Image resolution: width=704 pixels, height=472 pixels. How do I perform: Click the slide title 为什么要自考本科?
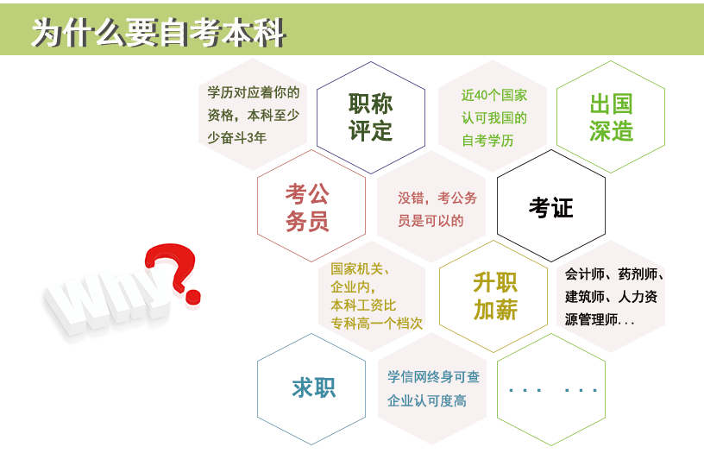pos(159,32)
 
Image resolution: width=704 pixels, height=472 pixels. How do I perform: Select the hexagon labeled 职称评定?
pos(371,117)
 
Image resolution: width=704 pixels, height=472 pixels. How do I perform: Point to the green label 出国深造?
pos(611,117)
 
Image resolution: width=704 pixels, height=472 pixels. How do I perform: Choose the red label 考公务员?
pos(307,207)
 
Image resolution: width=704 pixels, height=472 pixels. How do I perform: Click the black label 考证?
pos(551,207)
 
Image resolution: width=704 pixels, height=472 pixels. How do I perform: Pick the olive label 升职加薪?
pos(495,296)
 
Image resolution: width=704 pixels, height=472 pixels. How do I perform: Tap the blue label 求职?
pos(314,387)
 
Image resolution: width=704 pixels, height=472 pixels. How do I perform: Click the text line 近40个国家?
pos(493,95)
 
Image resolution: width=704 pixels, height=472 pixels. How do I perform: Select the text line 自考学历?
pos(487,141)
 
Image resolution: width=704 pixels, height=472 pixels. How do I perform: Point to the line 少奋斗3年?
pos(237,137)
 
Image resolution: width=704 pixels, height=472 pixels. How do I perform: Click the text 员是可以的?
pos(431,221)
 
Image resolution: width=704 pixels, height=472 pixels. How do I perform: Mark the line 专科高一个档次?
pos(377,323)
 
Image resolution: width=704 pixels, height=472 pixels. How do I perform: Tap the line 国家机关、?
pos(360,268)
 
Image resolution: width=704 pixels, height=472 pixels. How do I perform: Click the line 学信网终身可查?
pos(434,377)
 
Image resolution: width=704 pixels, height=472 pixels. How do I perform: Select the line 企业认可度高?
pos(427,400)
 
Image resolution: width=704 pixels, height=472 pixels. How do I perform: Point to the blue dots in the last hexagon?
pos(553,390)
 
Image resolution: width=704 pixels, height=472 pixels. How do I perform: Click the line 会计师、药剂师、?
pos(614,274)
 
